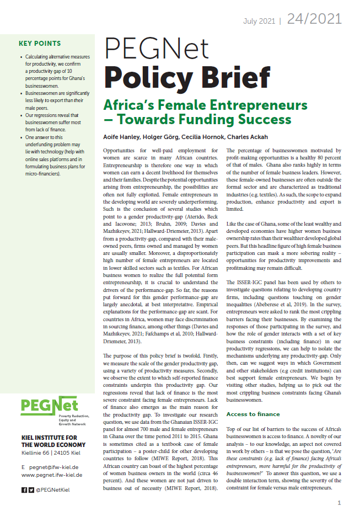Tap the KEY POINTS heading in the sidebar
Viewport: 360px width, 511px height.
pyautogui.click(x=40, y=44)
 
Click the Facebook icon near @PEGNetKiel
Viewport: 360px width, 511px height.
pyautogui.click(x=24, y=489)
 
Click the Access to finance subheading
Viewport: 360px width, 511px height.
pyautogui.click(x=252, y=414)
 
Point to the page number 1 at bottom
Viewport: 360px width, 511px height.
pyautogui.click(x=339, y=503)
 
